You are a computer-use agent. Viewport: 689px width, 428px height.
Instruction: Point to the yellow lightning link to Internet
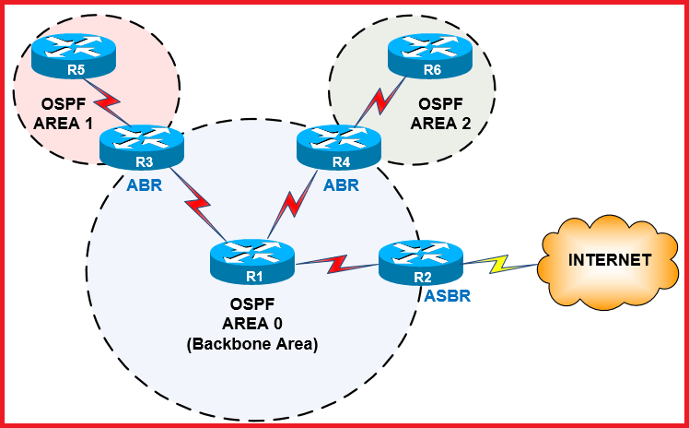coord(497,265)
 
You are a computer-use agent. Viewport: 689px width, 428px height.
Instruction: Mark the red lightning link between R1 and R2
coord(336,265)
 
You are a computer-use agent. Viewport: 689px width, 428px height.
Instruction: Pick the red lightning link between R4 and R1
coord(294,204)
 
